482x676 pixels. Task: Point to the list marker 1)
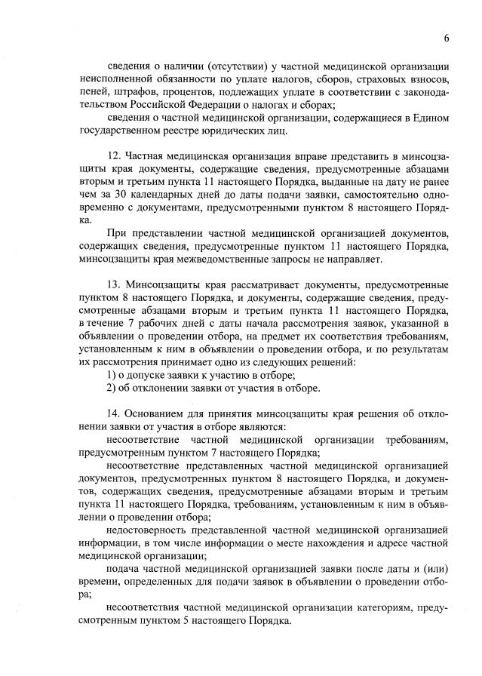[x=112, y=375]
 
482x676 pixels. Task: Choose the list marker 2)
[x=112, y=389]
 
